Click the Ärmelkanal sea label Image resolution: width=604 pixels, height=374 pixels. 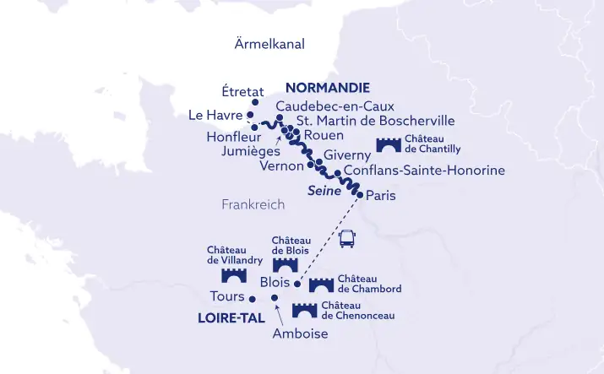pos(269,44)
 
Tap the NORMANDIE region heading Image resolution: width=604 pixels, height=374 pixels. pos(328,88)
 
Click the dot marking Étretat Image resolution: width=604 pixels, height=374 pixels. pos(255,103)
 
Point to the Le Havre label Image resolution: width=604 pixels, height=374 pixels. pos(215,115)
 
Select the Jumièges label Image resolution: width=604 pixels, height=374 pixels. pos(250,151)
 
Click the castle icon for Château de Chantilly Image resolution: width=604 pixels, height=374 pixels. pos(389,144)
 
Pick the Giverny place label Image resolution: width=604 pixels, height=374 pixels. pos(347,155)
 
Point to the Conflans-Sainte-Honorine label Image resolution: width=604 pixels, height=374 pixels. pos(424,171)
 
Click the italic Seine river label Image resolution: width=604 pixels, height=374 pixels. pos(324,191)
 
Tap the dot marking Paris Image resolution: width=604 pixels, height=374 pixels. pos(360,195)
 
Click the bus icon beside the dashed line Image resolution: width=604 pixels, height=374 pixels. pos(346,240)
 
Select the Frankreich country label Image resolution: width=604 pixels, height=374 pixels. pos(253,204)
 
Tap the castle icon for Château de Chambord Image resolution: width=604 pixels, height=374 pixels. pos(321,285)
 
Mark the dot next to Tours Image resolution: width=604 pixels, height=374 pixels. pos(253,298)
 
